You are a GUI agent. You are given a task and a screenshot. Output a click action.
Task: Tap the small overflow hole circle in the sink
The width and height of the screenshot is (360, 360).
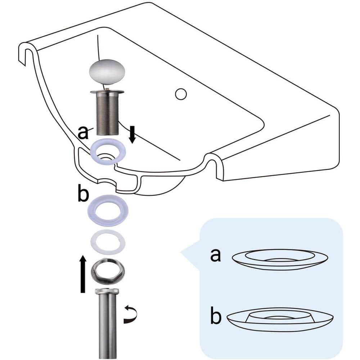181,94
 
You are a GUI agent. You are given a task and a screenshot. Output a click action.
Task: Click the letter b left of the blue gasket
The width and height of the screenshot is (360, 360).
83,195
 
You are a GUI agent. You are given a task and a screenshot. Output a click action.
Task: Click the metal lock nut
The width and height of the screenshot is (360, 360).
108,268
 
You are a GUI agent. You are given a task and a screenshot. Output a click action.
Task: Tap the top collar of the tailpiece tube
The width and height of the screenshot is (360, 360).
108,293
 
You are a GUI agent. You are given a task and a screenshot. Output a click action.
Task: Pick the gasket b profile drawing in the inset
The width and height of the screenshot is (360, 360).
280,319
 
